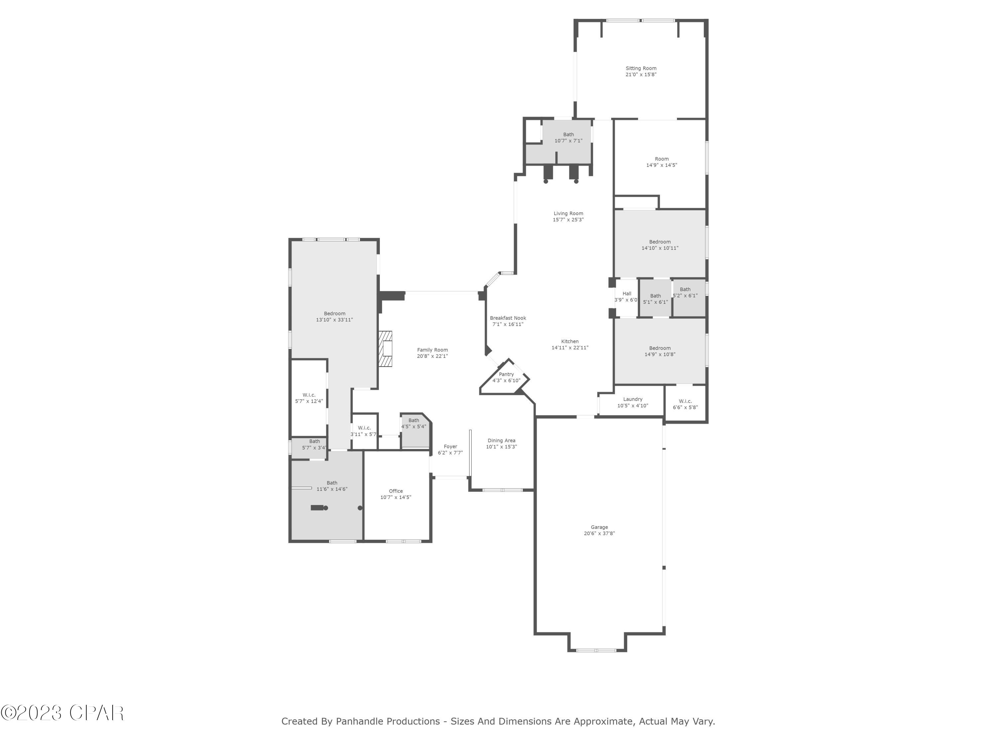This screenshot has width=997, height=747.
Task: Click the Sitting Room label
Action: [x=640, y=68]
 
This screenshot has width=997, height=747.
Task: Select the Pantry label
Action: [x=506, y=374]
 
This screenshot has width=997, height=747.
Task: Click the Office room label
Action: [x=396, y=491]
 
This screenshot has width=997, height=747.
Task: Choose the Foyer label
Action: [x=450, y=447]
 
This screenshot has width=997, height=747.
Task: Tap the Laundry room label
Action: [x=632, y=399]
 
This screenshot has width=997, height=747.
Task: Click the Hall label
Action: [x=626, y=293]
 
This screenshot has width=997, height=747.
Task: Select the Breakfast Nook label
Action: [x=508, y=318]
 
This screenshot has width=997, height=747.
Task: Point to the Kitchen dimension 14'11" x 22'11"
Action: [x=570, y=348]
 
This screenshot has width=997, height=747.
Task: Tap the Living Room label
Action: [x=568, y=213]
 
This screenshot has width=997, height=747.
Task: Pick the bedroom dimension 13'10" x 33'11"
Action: [x=334, y=320]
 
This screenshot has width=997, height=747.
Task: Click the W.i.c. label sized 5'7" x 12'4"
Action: [x=309, y=395]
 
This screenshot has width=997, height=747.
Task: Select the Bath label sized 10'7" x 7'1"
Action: [x=568, y=134]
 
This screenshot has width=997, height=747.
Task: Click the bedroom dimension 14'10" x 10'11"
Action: [x=660, y=248]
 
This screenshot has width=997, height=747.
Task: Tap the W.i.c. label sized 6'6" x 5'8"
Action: [x=685, y=401]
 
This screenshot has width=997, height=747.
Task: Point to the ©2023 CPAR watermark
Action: [x=62, y=713]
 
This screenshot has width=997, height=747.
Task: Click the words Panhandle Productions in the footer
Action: [x=387, y=721]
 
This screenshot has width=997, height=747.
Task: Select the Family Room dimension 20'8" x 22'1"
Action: [x=432, y=356]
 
